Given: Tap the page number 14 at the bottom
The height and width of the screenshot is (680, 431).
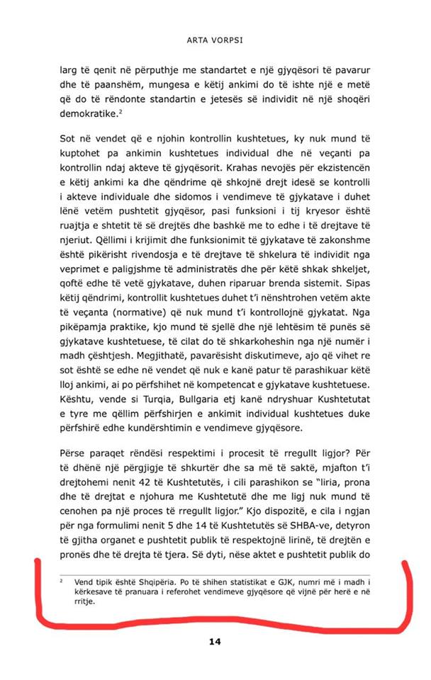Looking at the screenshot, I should [216, 642].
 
